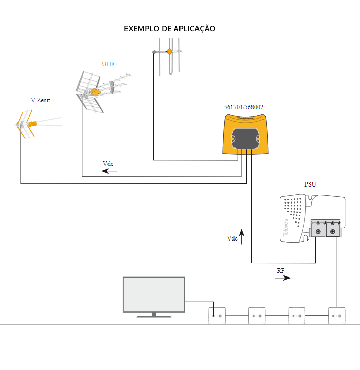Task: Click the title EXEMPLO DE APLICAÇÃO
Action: click(x=170, y=29)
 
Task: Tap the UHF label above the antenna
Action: click(x=108, y=64)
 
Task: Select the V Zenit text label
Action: click(x=41, y=100)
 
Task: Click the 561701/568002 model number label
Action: click(x=244, y=107)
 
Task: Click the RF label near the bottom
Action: click(x=281, y=270)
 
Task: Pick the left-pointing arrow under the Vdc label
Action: click(x=109, y=171)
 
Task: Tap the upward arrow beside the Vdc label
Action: click(x=241, y=237)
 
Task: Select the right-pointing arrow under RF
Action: click(x=282, y=278)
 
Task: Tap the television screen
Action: click(x=154, y=294)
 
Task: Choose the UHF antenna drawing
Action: click(x=95, y=92)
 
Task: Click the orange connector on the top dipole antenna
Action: click(x=168, y=51)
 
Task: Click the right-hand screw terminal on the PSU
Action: click(x=333, y=232)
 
